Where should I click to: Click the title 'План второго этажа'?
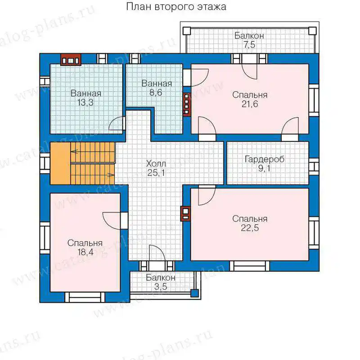(176, 7)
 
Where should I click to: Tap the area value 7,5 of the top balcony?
(249, 45)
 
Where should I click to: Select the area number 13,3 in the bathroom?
(85, 103)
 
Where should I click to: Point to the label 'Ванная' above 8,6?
(157, 83)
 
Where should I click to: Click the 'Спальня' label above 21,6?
(250, 95)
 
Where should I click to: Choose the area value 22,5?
(250, 228)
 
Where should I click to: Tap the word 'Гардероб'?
(265, 159)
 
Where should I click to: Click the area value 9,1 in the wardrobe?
(264, 168)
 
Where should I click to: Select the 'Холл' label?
(156, 164)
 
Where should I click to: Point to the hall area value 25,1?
(156, 173)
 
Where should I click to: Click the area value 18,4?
(85, 252)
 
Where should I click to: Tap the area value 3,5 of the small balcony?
(161, 287)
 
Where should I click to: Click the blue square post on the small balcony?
(194, 293)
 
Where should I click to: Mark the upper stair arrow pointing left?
(74, 152)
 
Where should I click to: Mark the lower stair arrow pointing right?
(111, 175)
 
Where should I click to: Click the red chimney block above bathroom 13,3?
(71, 60)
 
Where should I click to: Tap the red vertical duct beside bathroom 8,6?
(187, 104)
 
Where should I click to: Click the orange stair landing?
(60, 163)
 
